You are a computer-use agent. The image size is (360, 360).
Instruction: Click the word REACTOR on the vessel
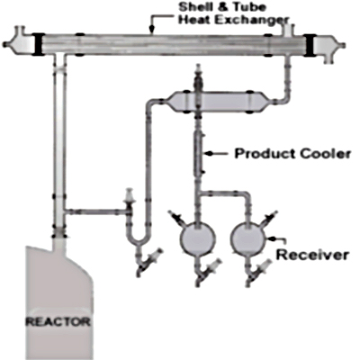click(x=58, y=322)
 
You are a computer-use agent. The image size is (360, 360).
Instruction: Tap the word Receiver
click(x=312, y=255)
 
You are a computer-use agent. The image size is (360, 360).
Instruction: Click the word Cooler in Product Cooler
click(x=326, y=154)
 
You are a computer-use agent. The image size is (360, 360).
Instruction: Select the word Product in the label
click(x=265, y=154)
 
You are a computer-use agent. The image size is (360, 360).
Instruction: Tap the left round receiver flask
click(x=197, y=238)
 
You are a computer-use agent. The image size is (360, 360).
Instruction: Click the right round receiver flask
click(x=248, y=238)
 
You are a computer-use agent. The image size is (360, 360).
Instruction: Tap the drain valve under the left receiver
click(x=207, y=270)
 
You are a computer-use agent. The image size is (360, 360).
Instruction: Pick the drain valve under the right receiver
click(x=257, y=270)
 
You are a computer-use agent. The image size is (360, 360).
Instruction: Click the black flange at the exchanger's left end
click(x=39, y=44)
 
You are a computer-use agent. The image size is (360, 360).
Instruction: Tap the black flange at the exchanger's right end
click(x=309, y=45)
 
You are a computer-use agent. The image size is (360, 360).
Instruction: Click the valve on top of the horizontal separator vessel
click(x=198, y=77)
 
